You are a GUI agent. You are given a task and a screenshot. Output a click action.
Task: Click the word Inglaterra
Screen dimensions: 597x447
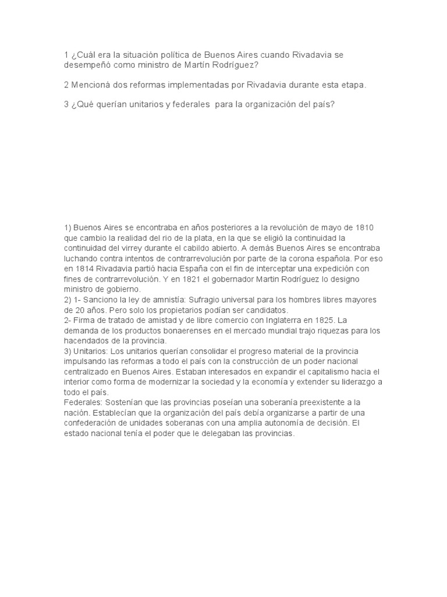click(276, 321)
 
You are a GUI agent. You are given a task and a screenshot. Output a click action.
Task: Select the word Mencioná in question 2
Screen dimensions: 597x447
click(94, 85)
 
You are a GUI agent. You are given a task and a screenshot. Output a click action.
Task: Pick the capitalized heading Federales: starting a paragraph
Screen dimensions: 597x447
click(84, 403)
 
